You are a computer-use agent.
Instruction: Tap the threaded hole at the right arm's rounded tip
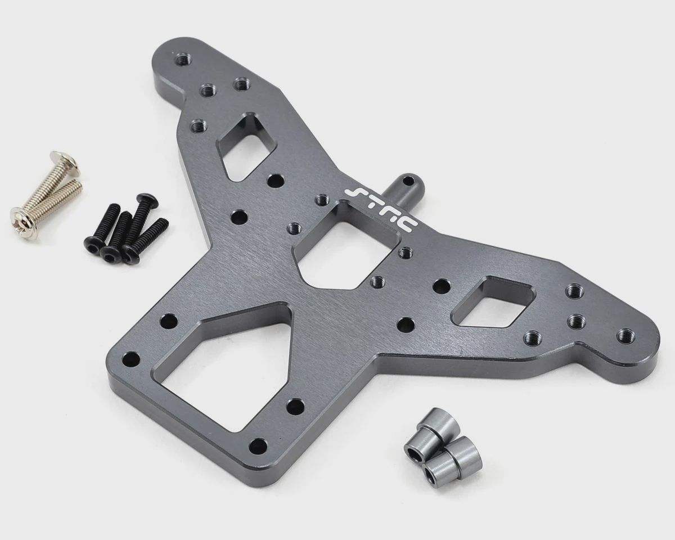pos(624,335)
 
